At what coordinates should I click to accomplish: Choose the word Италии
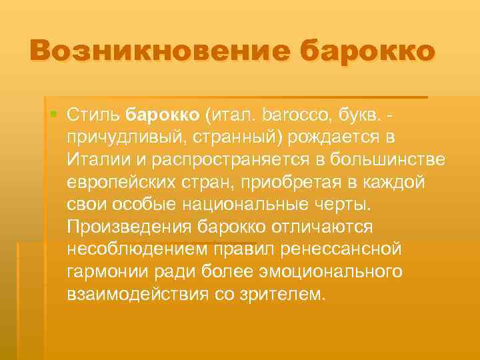point(96,159)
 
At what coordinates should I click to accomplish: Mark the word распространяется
point(223,159)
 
